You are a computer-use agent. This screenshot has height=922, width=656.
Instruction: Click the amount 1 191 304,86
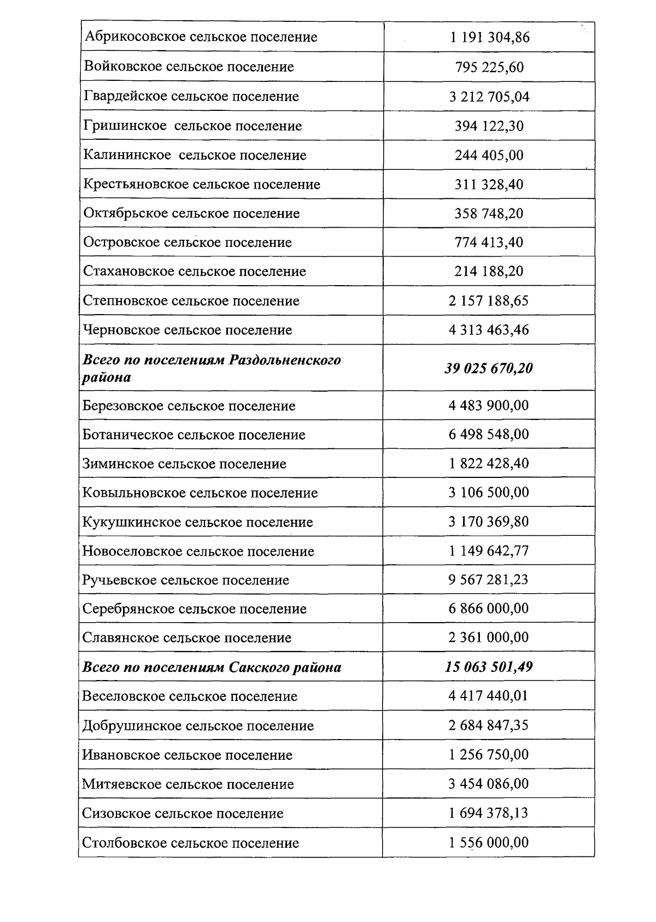click(489, 38)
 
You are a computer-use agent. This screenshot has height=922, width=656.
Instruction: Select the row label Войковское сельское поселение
click(189, 67)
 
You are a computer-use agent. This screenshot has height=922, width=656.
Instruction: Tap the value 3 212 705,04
click(489, 97)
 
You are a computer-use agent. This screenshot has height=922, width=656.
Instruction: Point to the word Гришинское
click(125, 126)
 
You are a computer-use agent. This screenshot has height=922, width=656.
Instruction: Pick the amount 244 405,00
click(489, 155)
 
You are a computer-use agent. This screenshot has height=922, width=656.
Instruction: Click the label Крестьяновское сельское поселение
click(201, 184)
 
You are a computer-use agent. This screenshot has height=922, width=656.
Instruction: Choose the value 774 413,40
click(489, 242)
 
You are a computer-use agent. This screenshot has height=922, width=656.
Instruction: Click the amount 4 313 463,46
click(489, 330)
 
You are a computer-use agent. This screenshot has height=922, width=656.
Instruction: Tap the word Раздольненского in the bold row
click(285, 360)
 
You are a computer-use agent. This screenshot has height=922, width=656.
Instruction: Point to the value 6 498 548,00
click(489, 434)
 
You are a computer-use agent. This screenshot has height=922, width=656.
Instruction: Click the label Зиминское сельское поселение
click(184, 464)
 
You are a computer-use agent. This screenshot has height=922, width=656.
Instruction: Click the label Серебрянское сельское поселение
click(194, 608)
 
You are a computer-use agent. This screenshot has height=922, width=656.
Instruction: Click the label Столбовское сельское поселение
click(190, 842)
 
